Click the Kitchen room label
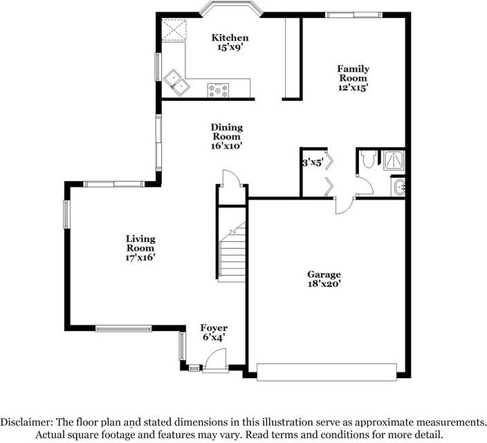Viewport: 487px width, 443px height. (x=230, y=37)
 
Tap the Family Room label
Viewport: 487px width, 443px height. (x=353, y=68)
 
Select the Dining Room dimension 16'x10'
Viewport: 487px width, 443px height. (x=226, y=146)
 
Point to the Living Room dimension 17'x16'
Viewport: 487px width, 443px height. (x=140, y=257)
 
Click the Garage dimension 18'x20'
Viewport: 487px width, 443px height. (x=324, y=283)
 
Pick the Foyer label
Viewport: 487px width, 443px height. (x=214, y=328)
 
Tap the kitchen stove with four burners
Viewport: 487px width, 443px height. (x=219, y=88)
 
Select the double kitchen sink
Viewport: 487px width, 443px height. (x=176, y=81)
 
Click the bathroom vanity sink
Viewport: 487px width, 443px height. (x=398, y=187)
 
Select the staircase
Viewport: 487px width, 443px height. (x=232, y=252)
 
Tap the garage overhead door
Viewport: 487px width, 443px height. (x=327, y=373)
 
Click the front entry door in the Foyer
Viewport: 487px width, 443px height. (x=215, y=361)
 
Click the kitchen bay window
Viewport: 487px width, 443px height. (x=232, y=9)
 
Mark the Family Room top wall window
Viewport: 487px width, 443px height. (x=353, y=14)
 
